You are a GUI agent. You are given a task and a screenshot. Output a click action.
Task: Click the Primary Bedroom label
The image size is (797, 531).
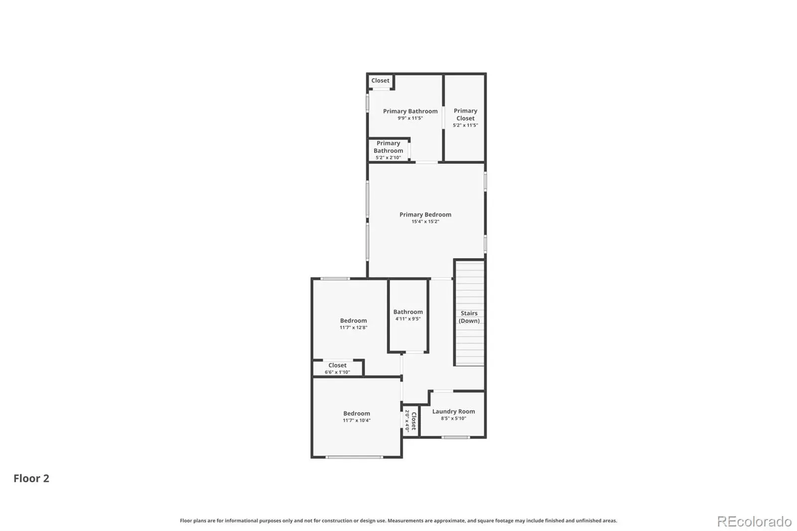[x=425, y=215]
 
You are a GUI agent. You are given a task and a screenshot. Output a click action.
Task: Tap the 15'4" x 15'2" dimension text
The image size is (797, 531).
[x=425, y=221]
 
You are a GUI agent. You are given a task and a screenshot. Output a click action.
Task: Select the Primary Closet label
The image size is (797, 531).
[x=465, y=115]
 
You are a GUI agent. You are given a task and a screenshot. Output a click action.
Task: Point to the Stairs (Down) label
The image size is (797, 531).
[x=469, y=317]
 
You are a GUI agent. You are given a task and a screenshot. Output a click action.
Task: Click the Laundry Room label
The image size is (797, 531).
[x=454, y=411]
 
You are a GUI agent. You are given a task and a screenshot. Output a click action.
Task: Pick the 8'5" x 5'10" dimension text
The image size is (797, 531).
[x=454, y=418]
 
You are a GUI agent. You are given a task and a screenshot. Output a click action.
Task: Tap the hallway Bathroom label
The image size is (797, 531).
[x=408, y=312]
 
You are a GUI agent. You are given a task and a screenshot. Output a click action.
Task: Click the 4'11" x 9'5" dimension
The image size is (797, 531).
[x=408, y=318]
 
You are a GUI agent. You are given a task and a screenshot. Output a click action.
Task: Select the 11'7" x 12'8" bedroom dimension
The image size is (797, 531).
[x=353, y=327]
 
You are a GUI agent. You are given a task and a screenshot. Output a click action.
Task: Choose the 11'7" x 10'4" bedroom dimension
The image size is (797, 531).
[x=357, y=420]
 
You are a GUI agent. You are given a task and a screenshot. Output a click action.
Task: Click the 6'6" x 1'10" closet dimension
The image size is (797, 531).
[x=337, y=372]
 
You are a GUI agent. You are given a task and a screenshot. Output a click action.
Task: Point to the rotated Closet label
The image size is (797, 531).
[x=414, y=421]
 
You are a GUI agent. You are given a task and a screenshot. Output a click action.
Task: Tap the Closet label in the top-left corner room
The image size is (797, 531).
[x=381, y=80]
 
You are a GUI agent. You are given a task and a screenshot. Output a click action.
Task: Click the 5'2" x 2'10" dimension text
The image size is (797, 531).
[x=388, y=158]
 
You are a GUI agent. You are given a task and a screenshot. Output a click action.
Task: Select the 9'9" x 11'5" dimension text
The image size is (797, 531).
[x=410, y=118]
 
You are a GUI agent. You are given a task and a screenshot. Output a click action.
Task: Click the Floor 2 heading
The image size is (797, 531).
[x=31, y=478]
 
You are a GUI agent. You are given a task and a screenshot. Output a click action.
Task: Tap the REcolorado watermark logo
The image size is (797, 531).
[x=754, y=522]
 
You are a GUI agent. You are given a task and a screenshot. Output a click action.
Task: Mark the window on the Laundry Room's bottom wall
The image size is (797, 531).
[x=456, y=437]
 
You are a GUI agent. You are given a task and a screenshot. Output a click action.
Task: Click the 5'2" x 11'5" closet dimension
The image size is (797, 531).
[x=465, y=125]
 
